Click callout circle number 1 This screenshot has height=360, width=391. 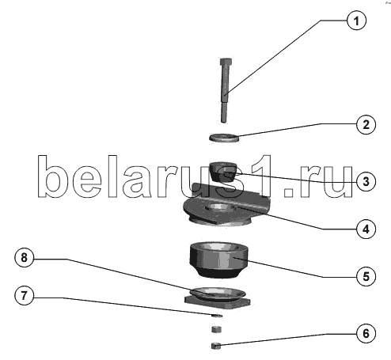[356, 21]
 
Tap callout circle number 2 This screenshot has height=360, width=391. [366, 124]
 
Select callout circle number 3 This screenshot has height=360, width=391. [366, 181]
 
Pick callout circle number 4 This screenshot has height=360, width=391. [366, 229]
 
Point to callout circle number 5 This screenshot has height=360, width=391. [366, 276]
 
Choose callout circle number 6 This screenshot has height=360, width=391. [366, 334]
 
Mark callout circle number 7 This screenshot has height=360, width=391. [25, 295]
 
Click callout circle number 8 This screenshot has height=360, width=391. [25, 257]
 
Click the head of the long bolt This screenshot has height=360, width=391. [226, 63]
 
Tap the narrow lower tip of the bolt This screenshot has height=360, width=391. [224, 112]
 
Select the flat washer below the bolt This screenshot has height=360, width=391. [225, 138]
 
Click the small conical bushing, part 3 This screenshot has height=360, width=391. [223, 172]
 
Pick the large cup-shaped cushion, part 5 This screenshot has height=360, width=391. [218, 260]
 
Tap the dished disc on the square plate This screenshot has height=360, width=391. [218, 294]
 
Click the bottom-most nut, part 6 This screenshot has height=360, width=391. [216, 346]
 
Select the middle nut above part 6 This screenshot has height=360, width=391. [217, 329]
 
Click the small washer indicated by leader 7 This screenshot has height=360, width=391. [217, 316]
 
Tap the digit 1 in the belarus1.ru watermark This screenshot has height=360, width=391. [260, 176]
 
